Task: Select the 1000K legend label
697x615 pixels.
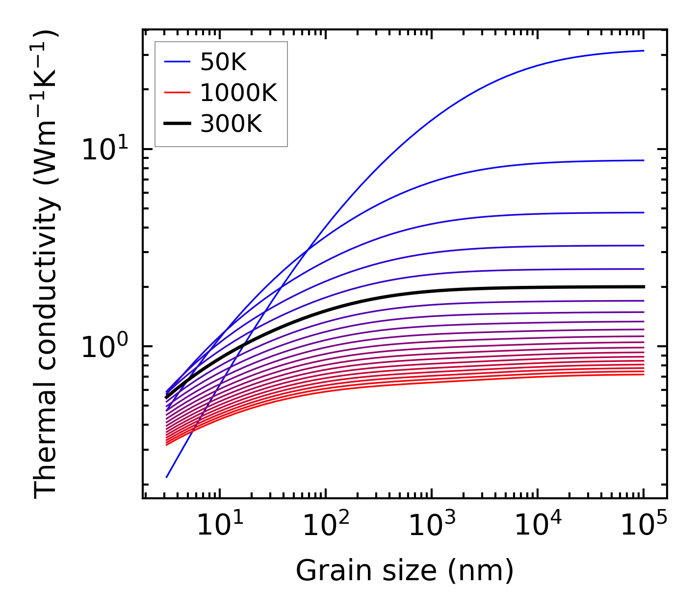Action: [238, 93]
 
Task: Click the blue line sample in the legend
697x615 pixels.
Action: [177, 62]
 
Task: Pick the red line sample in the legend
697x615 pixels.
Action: [177, 93]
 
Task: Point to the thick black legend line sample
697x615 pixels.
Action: [177, 124]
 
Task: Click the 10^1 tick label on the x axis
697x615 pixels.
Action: [219, 526]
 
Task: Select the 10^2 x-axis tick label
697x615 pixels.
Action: [325, 526]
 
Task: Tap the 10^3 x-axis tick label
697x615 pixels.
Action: [431, 526]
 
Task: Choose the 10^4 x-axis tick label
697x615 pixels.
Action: [537, 526]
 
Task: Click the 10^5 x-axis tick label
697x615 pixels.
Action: [643, 526]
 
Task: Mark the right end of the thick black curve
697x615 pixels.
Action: [643, 286]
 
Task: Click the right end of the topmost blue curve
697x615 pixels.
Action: [643, 51]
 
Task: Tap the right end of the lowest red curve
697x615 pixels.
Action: [643, 374]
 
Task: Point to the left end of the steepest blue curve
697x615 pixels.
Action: [167, 477]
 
